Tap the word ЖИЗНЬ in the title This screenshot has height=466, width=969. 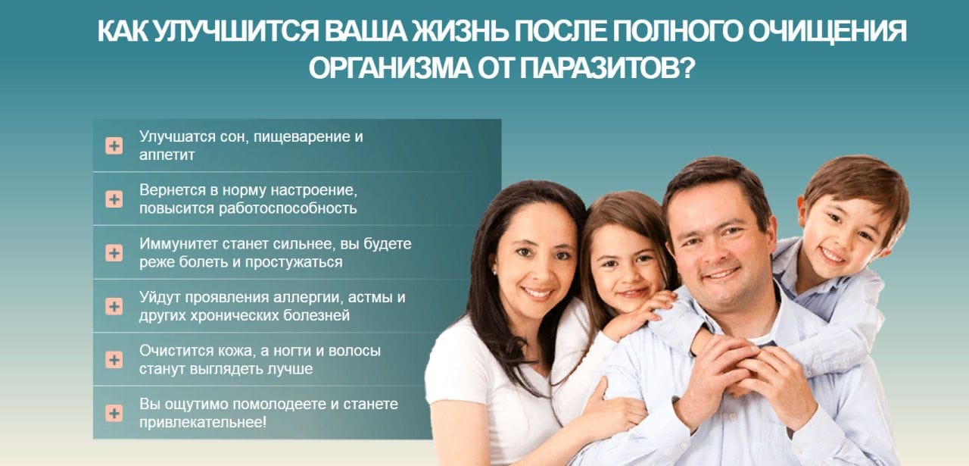[x=460, y=31]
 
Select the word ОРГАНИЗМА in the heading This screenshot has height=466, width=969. [x=391, y=68]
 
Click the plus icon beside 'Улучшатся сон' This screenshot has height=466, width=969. [x=114, y=145]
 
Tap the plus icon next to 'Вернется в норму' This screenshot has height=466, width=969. [x=114, y=199]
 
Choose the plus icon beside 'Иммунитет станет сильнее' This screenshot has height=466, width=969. [x=114, y=253]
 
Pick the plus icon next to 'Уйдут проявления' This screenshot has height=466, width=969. [x=114, y=306]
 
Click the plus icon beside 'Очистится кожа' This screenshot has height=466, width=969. [x=114, y=359]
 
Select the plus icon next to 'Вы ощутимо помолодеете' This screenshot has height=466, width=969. [x=114, y=413]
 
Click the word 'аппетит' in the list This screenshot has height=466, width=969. [x=167, y=155]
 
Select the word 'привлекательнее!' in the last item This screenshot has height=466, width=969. [x=203, y=422]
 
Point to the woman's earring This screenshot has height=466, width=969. [x=494, y=272]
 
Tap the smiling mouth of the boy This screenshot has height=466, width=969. [x=832, y=256]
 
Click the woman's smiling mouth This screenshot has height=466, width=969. [x=537, y=293]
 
